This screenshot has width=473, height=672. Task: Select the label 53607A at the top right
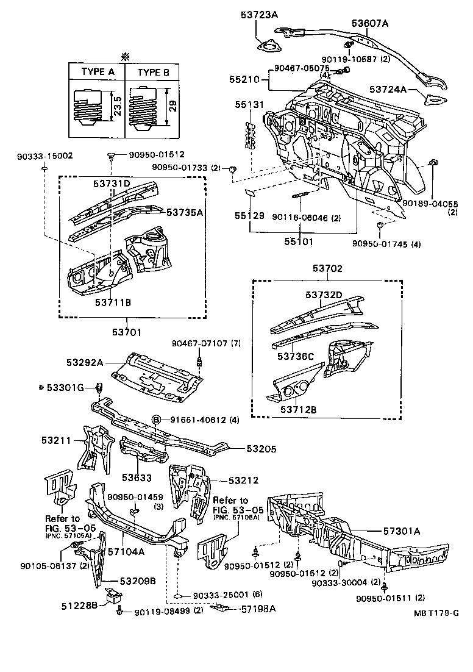pos(370,23)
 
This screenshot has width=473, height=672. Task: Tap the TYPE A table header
pos(98,71)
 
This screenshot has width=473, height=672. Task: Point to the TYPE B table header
pos(153,71)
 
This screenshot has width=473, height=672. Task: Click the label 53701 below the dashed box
pos(126,332)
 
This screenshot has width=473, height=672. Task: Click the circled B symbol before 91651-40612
pos(156,420)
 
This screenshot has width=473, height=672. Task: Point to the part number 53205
pos(261,449)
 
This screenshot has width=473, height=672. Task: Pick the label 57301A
pos(400,531)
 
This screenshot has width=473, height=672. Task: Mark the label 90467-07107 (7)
pos(205,344)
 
